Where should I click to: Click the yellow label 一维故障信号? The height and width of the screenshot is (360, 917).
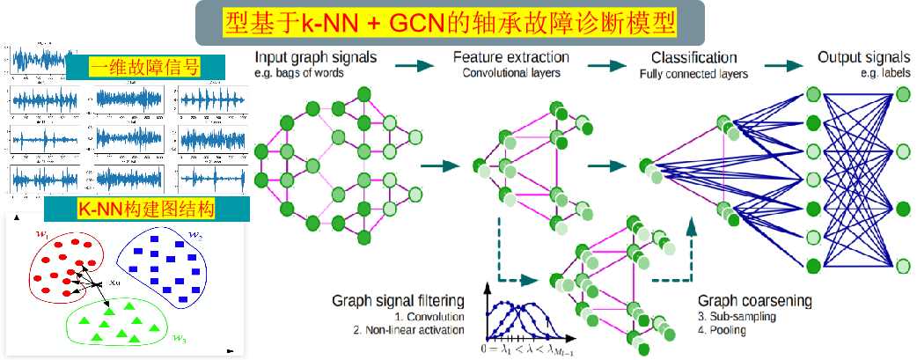[x=145, y=69]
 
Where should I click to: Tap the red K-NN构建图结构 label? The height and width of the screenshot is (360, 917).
[x=146, y=209]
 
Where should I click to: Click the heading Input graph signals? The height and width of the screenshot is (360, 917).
[x=316, y=58]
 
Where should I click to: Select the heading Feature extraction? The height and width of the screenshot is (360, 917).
[x=510, y=58]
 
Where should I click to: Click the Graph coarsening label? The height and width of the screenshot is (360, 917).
[x=754, y=300]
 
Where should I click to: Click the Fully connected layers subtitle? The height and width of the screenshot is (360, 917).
[x=693, y=75]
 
